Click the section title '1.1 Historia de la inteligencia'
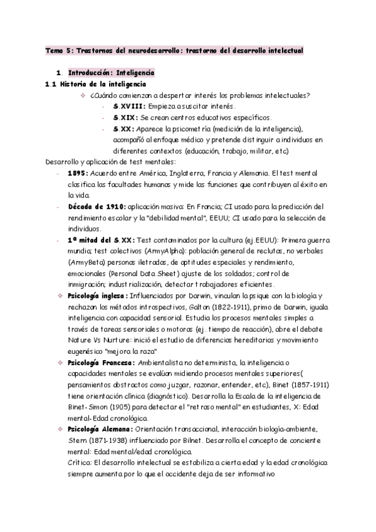(x=96, y=84)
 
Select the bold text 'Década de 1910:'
(x=97, y=206)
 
